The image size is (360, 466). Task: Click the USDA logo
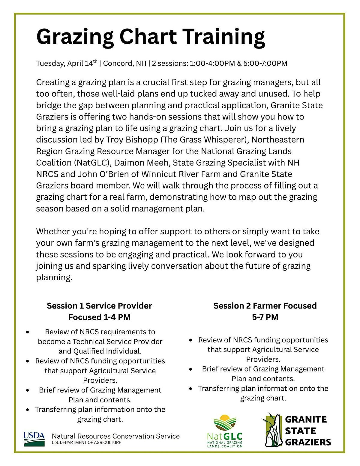pos(34,439)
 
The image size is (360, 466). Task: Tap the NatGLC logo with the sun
pos(225,431)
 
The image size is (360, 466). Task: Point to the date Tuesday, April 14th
pos(67,63)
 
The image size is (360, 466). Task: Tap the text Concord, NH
pos(125,63)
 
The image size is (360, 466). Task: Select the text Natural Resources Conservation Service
pos(116,436)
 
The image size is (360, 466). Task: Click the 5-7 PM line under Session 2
pos(265,317)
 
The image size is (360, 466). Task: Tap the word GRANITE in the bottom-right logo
pos(306,419)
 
